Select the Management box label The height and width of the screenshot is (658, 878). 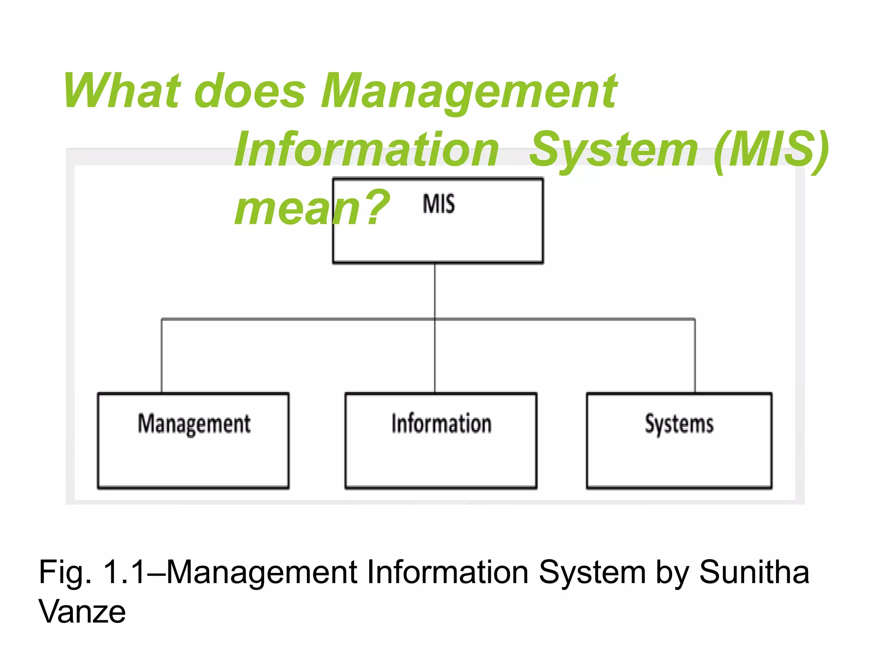tap(194, 424)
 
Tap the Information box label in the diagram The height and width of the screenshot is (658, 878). tap(441, 424)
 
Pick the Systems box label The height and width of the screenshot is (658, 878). tap(679, 424)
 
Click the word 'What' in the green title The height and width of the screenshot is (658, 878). tap(122, 91)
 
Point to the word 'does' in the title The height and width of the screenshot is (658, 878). tap(250, 91)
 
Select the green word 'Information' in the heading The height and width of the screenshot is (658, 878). tap(367, 150)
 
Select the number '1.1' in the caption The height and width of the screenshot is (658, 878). tap(124, 572)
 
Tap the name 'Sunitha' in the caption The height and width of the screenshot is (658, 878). tap(754, 572)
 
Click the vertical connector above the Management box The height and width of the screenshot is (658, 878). tap(162, 356)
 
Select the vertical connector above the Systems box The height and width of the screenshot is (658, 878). tap(695, 356)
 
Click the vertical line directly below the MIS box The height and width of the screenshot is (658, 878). tap(435, 291)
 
